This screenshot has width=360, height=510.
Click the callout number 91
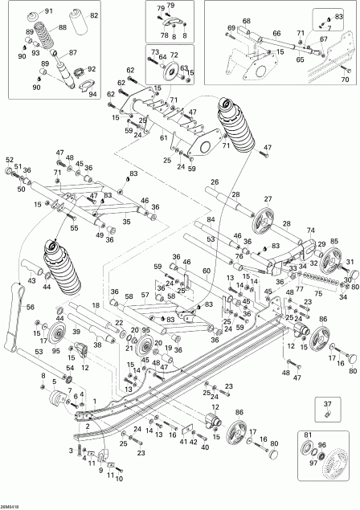(x=47, y=10)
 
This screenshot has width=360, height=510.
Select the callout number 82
(x=95, y=16)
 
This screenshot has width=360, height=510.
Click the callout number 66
(x=276, y=34)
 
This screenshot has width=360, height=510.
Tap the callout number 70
(x=346, y=80)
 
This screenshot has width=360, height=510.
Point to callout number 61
(x=164, y=137)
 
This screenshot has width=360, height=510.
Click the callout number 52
(x=10, y=159)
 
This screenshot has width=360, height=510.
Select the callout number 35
(x=126, y=221)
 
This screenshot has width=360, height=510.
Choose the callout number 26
(x=215, y=182)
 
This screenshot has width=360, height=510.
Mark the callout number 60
(x=207, y=271)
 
